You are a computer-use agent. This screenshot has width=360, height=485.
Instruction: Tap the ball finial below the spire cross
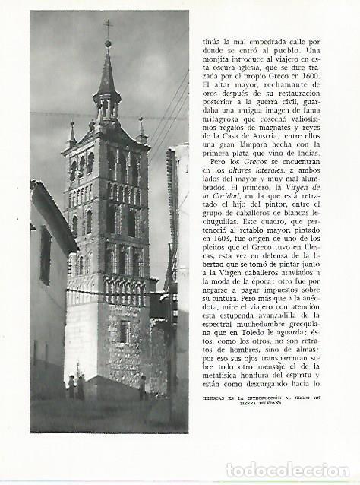click(x=108, y=43)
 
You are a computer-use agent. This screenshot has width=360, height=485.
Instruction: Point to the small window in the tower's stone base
click(x=122, y=332)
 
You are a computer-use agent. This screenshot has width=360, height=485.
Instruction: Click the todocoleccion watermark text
click(x=287, y=470)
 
